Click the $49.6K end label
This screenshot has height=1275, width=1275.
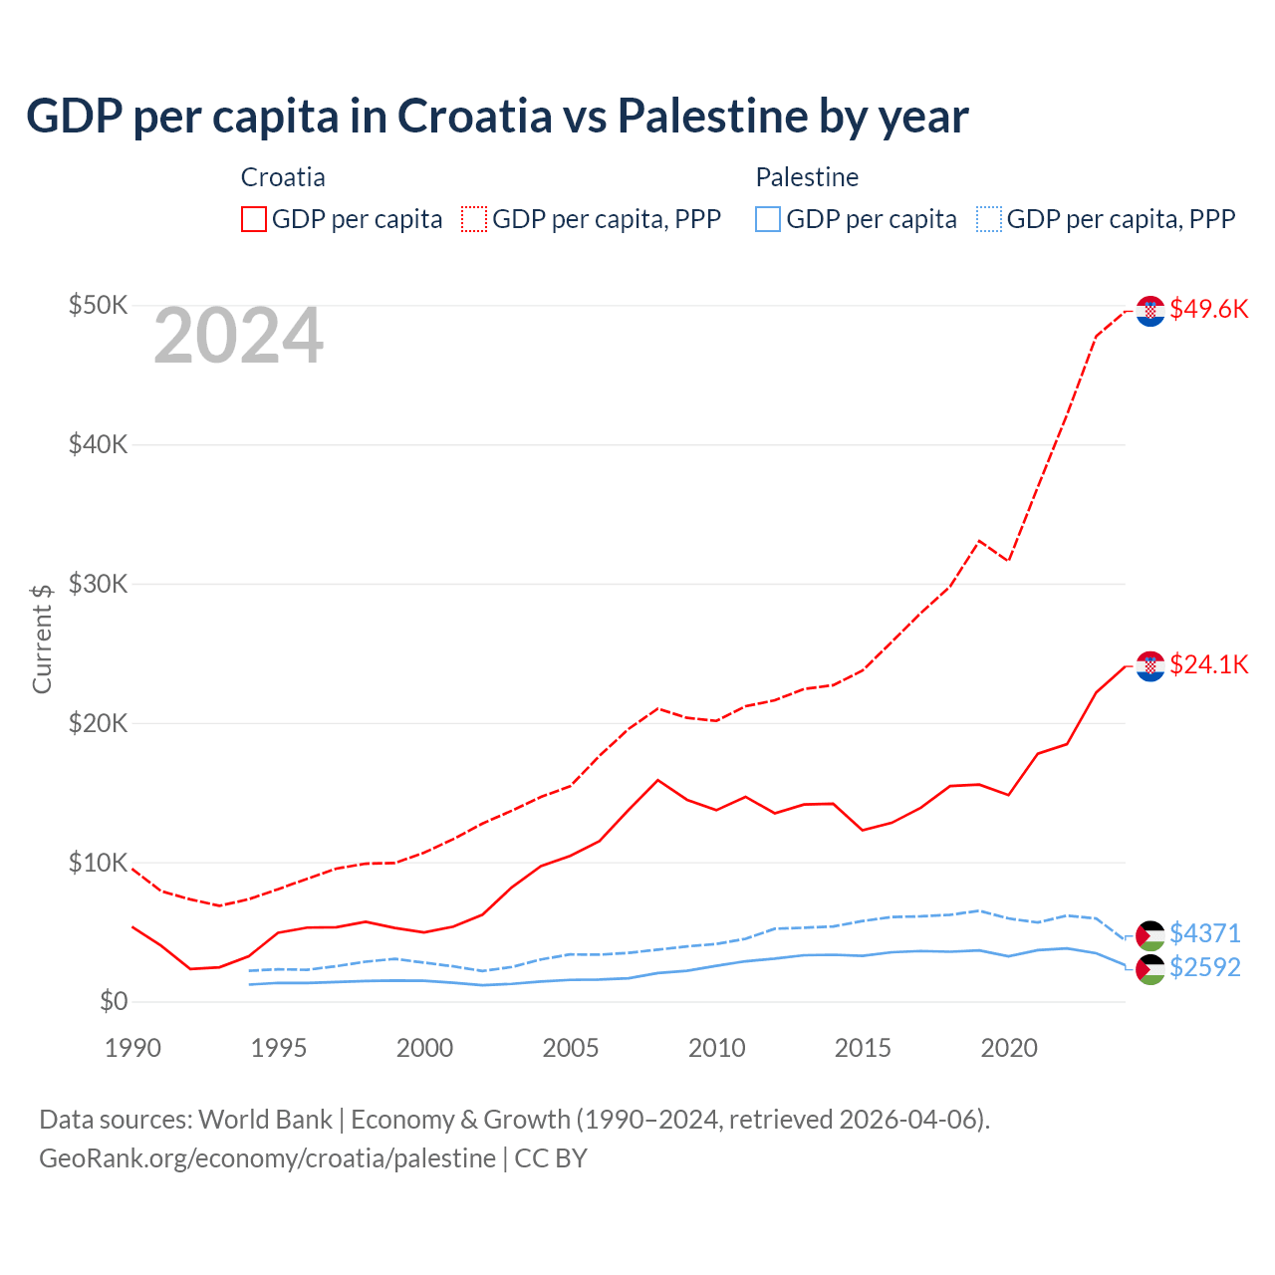click(1208, 309)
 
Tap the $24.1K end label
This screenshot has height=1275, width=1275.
click(1208, 664)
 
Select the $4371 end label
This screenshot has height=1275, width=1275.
click(1204, 933)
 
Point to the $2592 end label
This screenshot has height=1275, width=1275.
click(1204, 967)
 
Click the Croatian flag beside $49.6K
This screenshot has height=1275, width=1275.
click(1150, 311)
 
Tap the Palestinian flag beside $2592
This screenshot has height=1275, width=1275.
click(1150, 969)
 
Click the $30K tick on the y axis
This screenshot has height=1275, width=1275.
click(98, 584)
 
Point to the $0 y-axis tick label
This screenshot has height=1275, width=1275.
click(114, 1001)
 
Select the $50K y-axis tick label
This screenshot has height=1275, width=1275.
click(98, 305)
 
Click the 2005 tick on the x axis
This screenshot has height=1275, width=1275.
click(571, 1048)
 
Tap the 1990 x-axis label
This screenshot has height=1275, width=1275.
click(132, 1048)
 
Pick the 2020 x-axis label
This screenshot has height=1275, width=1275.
click(1009, 1048)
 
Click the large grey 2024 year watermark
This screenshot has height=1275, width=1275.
click(238, 336)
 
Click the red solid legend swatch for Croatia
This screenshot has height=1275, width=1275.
click(254, 219)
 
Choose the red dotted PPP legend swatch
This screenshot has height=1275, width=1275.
click(474, 219)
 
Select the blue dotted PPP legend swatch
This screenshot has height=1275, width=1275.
click(989, 219)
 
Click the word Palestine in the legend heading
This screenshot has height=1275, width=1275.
click(807, 177)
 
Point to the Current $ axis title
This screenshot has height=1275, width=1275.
click(42, 638)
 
